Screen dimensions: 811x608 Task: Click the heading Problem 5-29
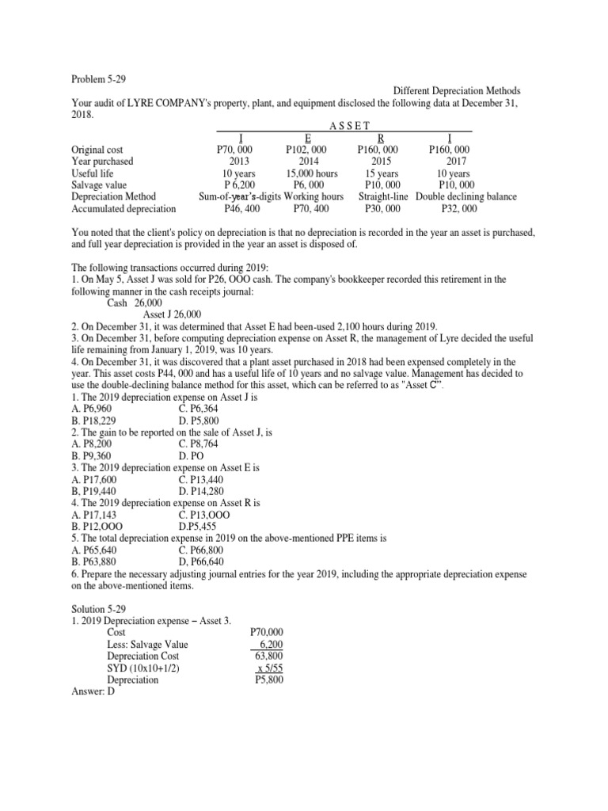(99, 79)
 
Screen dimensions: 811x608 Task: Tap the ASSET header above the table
(344, 125)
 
